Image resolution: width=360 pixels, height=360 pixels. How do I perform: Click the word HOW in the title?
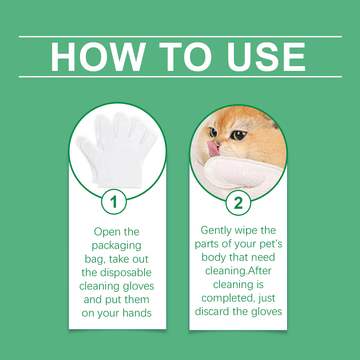tap(98, 57)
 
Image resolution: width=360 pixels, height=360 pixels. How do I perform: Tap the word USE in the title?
tap(266, 57)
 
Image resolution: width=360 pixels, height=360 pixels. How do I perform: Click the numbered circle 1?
tap(114, 202)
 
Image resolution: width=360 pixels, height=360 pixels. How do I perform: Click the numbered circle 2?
tap(238, 203)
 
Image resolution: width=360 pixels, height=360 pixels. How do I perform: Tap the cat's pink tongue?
tap(213, 149)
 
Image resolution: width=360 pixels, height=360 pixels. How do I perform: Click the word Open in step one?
tap(103, 232)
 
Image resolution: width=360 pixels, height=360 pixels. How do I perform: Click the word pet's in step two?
tap(271, 244)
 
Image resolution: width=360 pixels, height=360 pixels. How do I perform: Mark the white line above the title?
tap(180, 37)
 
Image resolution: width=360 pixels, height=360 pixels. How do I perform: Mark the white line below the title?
tap(180, 77)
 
